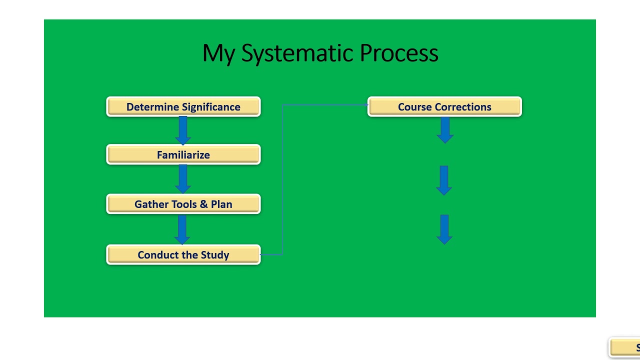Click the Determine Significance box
(183, 107)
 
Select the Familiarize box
(183, 155)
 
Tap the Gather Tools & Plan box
(183, 204)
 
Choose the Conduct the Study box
(183, 255)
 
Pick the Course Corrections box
(444, 107)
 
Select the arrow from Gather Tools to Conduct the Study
(182, 229)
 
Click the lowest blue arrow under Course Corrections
(444, 229)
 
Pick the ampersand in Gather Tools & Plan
(204, 204)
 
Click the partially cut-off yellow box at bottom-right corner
(625, 347)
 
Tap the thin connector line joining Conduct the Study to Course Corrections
(282, 180)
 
